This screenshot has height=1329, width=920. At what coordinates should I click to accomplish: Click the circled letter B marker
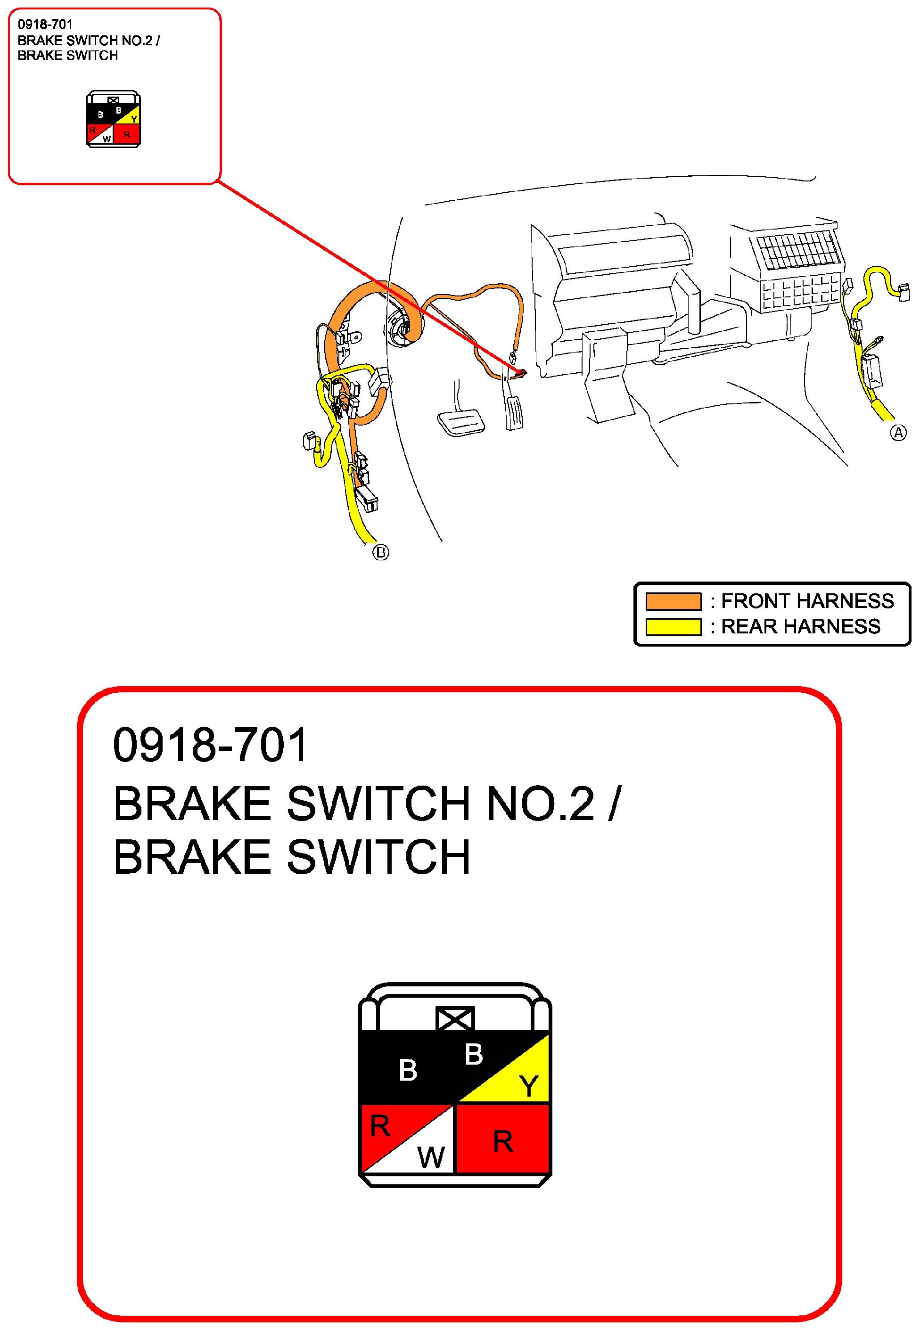click(380, 552)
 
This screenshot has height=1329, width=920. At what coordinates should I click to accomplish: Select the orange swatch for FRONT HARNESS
click(674, 601)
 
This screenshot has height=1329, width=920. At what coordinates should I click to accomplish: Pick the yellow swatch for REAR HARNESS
click(674, 626)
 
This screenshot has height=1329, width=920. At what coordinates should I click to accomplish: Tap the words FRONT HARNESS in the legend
click(807, 601)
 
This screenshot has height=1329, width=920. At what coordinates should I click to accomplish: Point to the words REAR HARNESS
click(801, 626)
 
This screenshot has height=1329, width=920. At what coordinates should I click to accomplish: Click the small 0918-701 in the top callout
click(45, 24)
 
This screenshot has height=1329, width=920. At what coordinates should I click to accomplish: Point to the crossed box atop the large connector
click(455, 1019)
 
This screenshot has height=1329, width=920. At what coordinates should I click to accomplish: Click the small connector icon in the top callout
click(114, 119)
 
